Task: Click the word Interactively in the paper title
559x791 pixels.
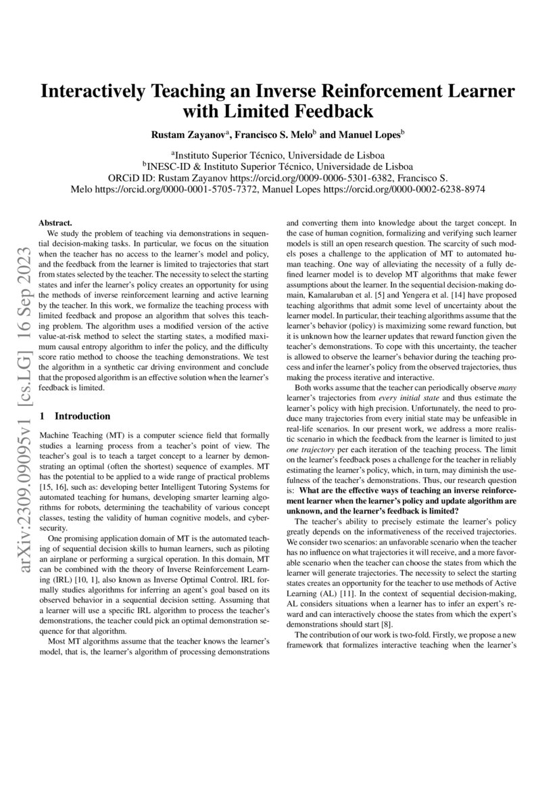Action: [x=99, y=92]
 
